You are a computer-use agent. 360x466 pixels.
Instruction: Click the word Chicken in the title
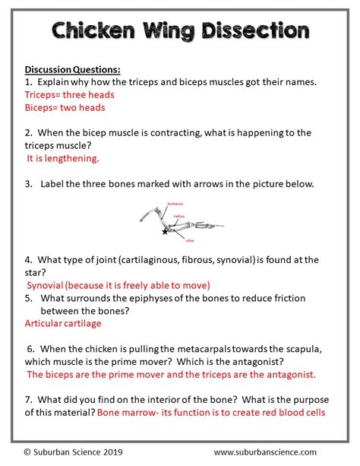click(x=93, y=31)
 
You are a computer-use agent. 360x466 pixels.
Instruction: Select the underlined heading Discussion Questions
click(x=73, y=68)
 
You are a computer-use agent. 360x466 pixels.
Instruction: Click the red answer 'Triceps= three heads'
click(x=70, y=95)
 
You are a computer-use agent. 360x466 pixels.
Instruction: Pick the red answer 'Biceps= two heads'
click(x=65, y=108)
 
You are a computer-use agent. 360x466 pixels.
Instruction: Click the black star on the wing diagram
click(x=164, y=231)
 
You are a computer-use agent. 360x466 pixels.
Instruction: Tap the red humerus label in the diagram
click(x=197, y=204)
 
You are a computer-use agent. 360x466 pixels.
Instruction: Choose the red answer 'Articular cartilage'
click(x=62, y=323)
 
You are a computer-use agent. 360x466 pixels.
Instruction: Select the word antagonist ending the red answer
click(x=285, y=375)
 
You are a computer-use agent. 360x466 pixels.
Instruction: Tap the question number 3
click(x=27, y=184)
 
